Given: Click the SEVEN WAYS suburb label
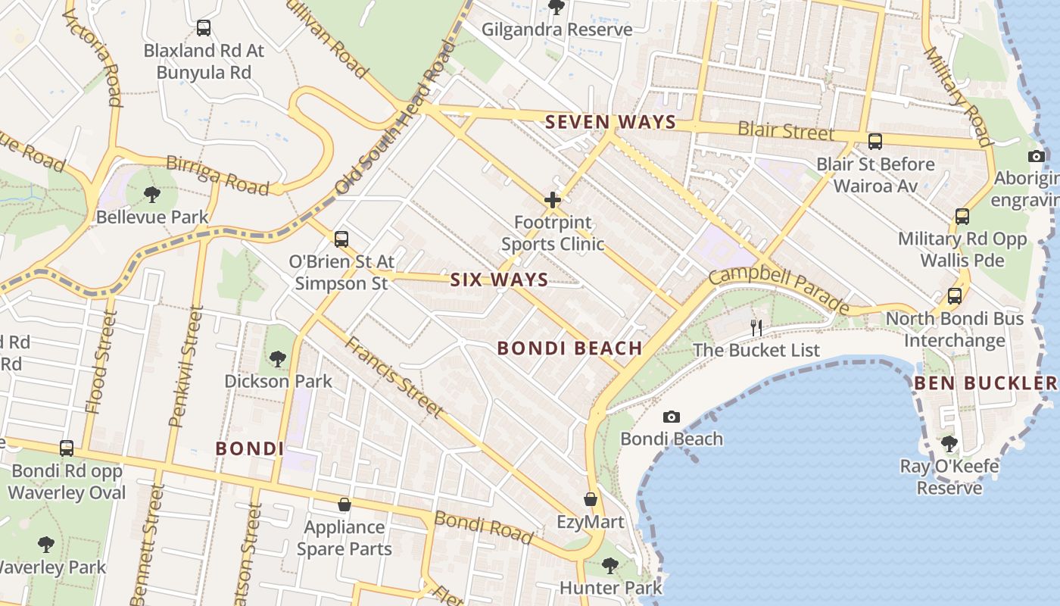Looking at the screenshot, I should point(610,122).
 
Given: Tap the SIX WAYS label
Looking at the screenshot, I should point(499,280).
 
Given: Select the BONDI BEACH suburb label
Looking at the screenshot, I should point(569,348).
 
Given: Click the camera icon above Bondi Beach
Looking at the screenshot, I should point(671,417).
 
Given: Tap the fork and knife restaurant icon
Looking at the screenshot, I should point(756,327).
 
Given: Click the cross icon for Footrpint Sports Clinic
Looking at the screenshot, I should point(553,201).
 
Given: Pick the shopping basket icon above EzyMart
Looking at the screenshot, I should point(591,500).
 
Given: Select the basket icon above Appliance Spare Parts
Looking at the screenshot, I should point(344,504).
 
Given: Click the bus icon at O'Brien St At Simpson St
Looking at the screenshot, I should point(341,239).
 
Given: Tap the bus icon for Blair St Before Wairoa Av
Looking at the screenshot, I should point(875,141).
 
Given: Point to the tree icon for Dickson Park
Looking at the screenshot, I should point(278,358).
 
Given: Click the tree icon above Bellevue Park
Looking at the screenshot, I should point(152,195).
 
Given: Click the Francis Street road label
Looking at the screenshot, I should point(394,376).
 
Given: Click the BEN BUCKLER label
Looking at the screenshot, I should point(985,383).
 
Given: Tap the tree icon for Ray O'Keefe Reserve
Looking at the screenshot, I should point(949,444).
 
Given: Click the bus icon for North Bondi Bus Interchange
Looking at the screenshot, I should point(955,296).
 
